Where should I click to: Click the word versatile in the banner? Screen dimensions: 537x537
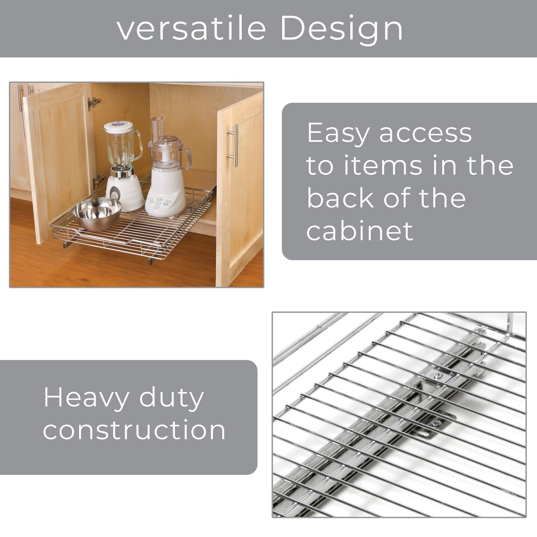(191, 28)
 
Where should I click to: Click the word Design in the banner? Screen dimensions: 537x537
(342, 29)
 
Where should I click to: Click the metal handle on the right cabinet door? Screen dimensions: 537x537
(234, 145)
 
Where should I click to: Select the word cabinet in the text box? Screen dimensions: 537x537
(359, 231)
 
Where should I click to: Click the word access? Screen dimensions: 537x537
(425, 134)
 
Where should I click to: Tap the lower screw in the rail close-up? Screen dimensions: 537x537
(435, 424)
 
